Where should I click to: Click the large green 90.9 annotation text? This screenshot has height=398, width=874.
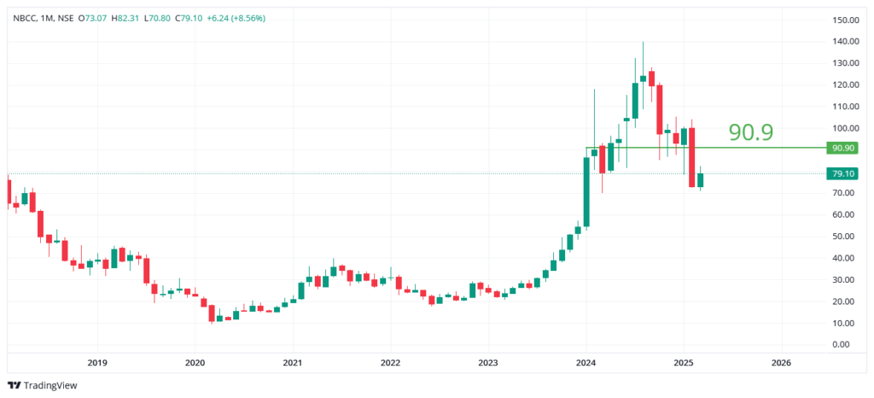coord(750,132)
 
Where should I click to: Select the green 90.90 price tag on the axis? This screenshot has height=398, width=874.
coord(843,148)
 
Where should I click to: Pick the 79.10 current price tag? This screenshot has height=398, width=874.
coord(843,173)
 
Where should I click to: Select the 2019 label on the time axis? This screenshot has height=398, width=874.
coord(97,362)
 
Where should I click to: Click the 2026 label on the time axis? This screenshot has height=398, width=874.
coord(780,362)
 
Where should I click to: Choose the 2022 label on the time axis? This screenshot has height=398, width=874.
coord(390,362)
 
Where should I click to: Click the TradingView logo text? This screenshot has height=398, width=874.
coord(50,385)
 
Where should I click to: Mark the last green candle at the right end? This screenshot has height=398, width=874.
coord(700,179)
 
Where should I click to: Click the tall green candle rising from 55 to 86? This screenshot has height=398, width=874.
coord(586,192)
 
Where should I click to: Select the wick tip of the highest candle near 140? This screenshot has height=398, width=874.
coord(643,42)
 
